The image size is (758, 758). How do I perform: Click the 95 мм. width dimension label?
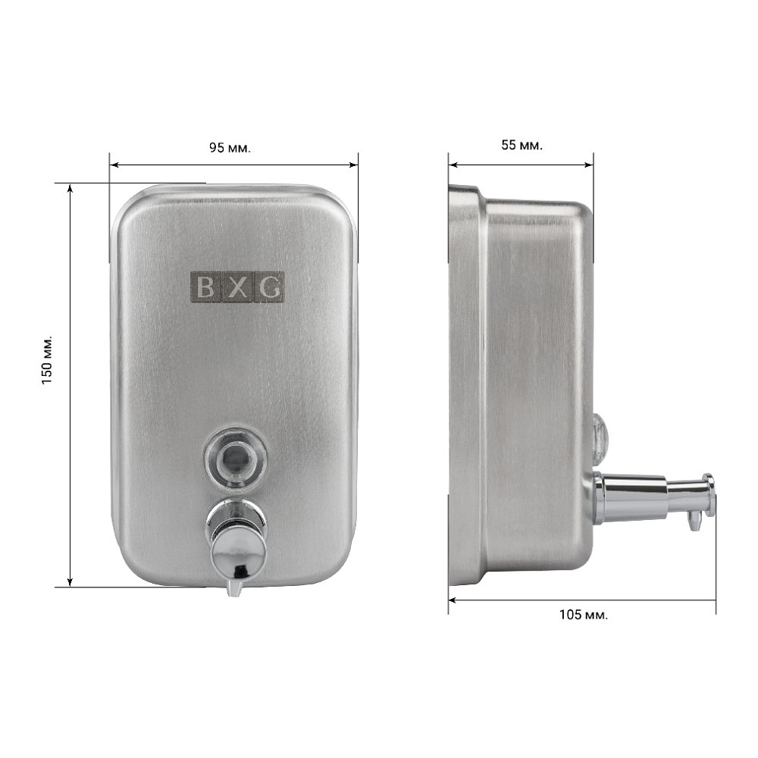tap(230, 148)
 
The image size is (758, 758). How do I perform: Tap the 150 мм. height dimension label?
tap(46, 359)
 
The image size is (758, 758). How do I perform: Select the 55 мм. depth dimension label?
tap(522, 145)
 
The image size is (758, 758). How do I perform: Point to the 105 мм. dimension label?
tap(584, 615)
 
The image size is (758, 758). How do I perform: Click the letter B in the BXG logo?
tap(205, 287)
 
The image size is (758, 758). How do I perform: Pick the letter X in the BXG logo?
tap(236, 287)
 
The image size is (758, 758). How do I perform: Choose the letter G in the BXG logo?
tap(268, 287)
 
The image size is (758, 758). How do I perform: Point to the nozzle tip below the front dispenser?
tap(235, 588)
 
